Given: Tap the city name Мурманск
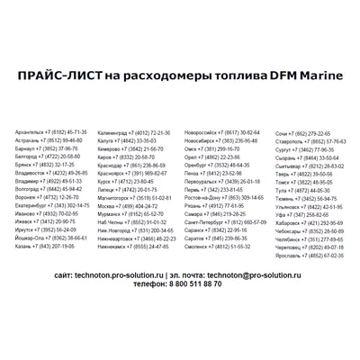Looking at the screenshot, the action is pos(113,213).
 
